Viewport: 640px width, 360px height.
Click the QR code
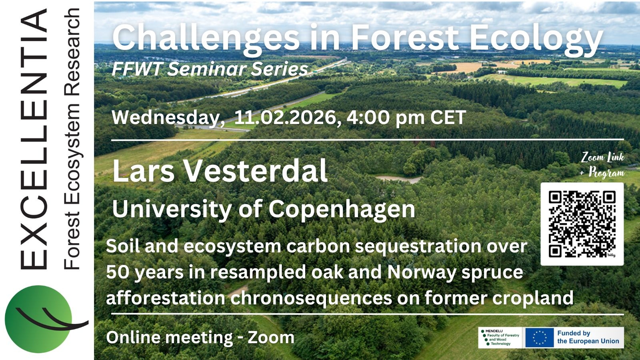coord(582,224)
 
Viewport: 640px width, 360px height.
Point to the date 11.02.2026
coord(288,118)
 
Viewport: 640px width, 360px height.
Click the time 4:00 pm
coord(386,118)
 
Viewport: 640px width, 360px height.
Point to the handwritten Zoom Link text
coord(602,158)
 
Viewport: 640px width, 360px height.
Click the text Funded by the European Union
coord(588,337)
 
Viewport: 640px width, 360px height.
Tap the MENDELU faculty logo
coord(500,338)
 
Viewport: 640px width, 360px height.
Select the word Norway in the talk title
coord(422,272)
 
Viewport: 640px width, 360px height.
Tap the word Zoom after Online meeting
coord(271,338)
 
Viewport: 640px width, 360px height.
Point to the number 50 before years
coord(118,272)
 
